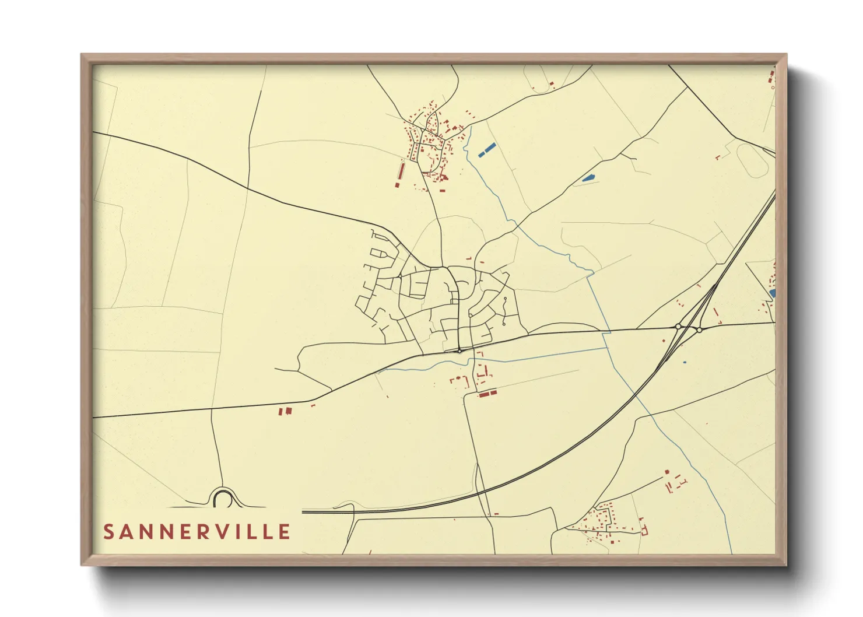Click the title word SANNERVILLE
[x=197, y=532]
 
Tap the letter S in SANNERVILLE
[x=108, y=532]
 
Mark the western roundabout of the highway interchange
[x=678, y=327]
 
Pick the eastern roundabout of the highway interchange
[x=699, y=330]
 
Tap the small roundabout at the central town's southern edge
[x=459, y=351]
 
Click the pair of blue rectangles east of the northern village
[x=487, y=150]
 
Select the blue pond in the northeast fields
[x=588, y=178]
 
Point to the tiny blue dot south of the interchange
[x=685, y=362]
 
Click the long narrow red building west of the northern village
[x=401, y=171]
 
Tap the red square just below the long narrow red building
[x=397, y=185]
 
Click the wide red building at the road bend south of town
[x=487, y=394]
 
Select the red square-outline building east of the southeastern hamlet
[x=644, y=531]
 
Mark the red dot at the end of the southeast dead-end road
[x=667, y=472]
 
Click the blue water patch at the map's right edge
[x=773, y=293]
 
